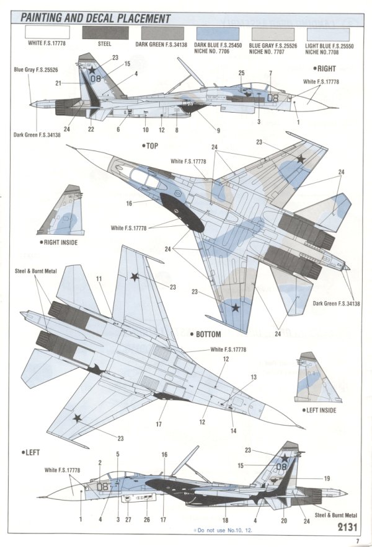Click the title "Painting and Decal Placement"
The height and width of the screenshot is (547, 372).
pyautogui.click(x=95, y=18)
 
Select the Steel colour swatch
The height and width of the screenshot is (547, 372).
pyautogui.click(x=104, y=33)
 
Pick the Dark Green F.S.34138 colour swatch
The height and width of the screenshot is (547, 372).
pyautogui.click(x=160, y=33)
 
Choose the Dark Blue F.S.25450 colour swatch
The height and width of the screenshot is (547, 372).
pyautogui.click(x=216, y=33)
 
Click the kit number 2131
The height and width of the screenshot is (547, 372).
pyautogui.click(x=347, y=527)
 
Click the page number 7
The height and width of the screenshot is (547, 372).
pyautogui.click(x=358, y=540)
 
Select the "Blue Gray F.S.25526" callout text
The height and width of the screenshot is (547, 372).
pyautogui.click(x=31, y=70)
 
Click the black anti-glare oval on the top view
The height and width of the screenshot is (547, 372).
pyautogui.click(x=182, y=212)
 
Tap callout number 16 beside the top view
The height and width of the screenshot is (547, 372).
pyautogui.click(x=129, y=203)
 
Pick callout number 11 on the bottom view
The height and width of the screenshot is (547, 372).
pyautogui.click(x=98, y=279)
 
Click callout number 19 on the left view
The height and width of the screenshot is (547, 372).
pyautogui.click(x=327, y=478)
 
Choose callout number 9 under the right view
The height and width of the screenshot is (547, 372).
pyautogui.click(x=218, y=130)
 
